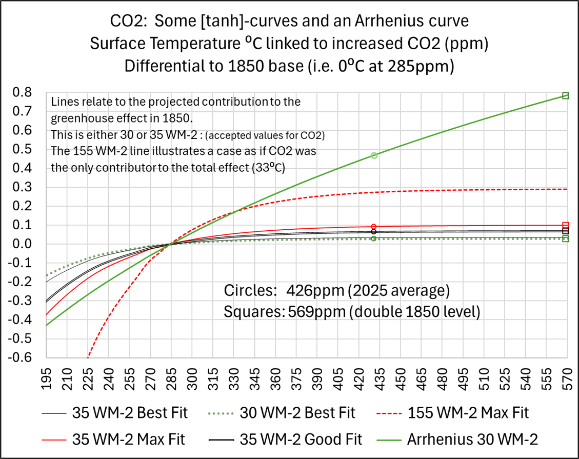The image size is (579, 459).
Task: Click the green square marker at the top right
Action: click(565, 96)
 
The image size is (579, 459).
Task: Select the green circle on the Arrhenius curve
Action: click(374, 155)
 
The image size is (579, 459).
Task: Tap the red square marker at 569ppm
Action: click(565, 225)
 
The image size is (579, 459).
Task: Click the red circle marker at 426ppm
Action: click(374, 227)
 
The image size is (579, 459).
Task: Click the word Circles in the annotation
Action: click(247, 291)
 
